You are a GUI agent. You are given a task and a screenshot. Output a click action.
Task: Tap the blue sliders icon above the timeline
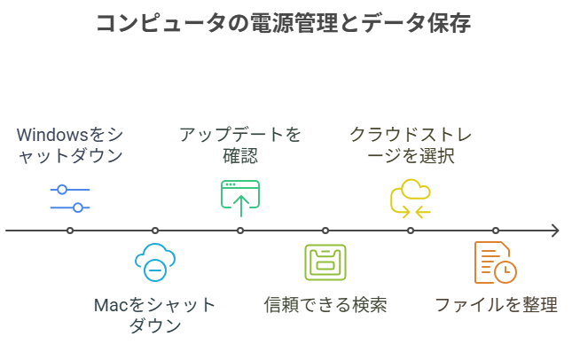point(70,199)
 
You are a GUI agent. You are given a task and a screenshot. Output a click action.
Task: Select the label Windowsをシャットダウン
point(70,146)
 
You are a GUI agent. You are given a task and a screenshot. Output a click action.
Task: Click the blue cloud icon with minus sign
point(155,262)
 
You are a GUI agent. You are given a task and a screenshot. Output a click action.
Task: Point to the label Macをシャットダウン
point(155,315)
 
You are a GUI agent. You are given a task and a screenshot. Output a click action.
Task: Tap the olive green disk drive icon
point(325,262)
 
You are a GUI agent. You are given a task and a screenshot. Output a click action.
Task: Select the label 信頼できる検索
point(325,305)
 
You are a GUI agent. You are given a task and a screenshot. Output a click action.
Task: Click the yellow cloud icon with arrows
point(411,199)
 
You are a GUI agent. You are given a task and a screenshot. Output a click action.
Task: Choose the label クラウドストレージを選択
point(411,146)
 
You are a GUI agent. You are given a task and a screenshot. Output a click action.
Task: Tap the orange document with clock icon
point(495,262)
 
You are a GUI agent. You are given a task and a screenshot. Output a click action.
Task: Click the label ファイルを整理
point(496,305)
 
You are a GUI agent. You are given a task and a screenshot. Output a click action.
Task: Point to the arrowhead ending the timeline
point(555,231)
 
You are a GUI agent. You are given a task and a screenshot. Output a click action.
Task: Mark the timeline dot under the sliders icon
point(70,231)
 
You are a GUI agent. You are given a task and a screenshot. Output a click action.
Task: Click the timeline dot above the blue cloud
point(155,231)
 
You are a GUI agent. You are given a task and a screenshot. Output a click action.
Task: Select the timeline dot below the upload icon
point(240,231)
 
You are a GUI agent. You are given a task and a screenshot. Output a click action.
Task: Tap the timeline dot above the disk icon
point(325,231)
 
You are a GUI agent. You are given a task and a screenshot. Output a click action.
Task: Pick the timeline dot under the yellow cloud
point(411,231)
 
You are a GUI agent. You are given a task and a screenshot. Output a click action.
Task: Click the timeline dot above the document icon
point(496,231)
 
